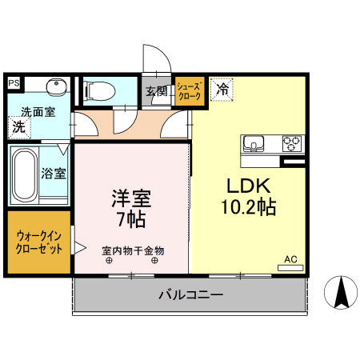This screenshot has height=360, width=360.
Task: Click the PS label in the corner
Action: (x=14, y=82)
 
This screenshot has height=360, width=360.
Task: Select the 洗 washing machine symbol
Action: (x=18, y=126)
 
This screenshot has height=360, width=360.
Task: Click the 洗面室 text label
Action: (x=38, y=112)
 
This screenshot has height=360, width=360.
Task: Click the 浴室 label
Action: (x=54, y=172)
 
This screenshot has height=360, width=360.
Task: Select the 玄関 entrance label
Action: (x=155, y=91)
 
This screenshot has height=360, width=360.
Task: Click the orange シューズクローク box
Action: (x=190, y=91)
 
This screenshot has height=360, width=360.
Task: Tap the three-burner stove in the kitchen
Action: (x=290, y=145)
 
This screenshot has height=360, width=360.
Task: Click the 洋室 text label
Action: (x=130, y=198)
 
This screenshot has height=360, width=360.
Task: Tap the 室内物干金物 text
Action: (x=132, y=250)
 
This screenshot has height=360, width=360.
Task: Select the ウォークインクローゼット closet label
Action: (x=38, y=242)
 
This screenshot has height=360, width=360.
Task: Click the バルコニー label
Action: (x=190, y=295)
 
